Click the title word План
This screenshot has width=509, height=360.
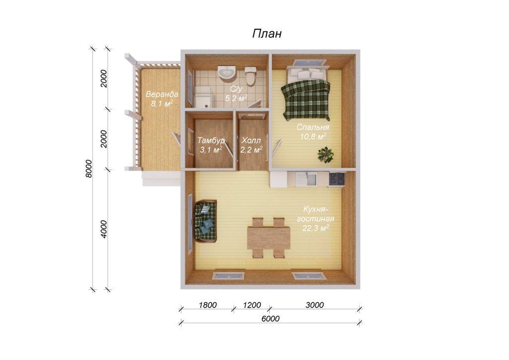point(267,34)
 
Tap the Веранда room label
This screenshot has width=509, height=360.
point(162,94)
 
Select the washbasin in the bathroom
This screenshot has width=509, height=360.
point(227,72)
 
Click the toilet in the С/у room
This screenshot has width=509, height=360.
point(251,75)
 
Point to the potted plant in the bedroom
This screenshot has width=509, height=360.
point(326,155)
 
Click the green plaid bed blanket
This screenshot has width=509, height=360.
point(306,100)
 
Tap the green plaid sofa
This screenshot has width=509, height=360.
point(205,221)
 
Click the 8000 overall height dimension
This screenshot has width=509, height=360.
point(89,169)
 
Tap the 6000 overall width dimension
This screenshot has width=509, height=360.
point(270,318)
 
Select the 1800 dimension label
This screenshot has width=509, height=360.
point(208,305)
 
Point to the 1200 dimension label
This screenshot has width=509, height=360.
point(252,305)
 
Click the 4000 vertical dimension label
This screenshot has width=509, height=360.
point(103,229)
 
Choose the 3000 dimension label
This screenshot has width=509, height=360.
point(315,305)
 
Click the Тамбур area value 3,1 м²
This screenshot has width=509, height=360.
point(211,150)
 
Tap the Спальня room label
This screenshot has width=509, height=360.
point(313,127)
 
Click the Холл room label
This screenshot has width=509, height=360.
point(251,141)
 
